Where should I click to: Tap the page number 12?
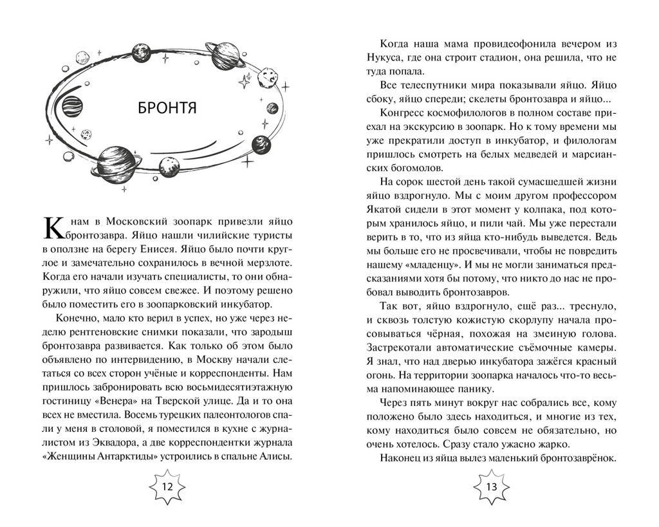[167, 486]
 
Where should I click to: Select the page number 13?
[492, 486]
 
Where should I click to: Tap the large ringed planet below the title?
[116, 162]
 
